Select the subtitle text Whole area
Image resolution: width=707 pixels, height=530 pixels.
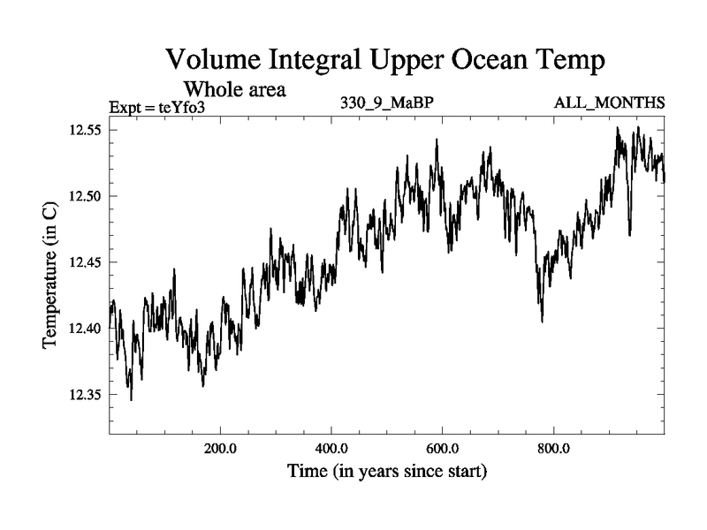click(234, 89)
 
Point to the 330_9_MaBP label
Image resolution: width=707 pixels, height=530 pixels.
click(387, 104)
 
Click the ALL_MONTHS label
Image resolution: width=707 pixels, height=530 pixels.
click(609, 104)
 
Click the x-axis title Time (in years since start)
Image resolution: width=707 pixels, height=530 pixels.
click(387, 472)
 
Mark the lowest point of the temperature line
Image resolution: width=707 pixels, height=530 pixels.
click(131, 400)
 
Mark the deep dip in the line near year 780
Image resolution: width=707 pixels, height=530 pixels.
click(542, 322)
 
